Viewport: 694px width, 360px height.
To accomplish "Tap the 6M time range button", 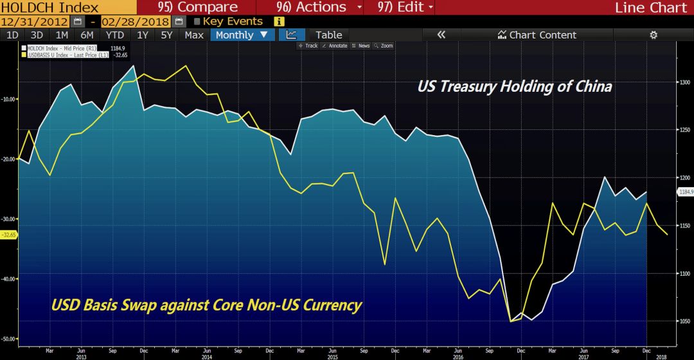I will pyautogui.click(x=87, y=35).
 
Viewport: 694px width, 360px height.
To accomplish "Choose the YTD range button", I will pyautogui.click(x=115, y=35).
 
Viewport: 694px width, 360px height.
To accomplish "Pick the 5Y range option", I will pyautogui.click(x=166, y=35).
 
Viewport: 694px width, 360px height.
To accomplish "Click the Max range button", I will pyautogui.click(x=194, y=35).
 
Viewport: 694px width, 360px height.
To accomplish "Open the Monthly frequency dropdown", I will pyautogui.click(x=242, y=35).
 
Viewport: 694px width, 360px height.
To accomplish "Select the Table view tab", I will pyautogui.click(x=328, y=35).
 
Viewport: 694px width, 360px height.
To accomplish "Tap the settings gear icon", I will pyautogui.click(x=654, y=35).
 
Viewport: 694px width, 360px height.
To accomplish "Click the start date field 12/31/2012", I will pyautogui.click(x=35, y=21).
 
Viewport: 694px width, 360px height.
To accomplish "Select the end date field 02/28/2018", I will pyautogui.click(x=136, y=21).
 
